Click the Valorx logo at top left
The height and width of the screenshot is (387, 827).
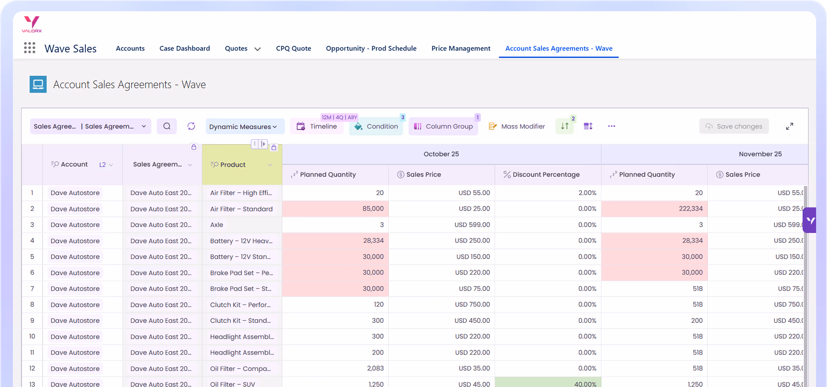tap(32, 24)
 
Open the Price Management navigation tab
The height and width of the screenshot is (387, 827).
tap(461, 48)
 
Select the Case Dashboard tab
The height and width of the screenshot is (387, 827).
tap(185, 48)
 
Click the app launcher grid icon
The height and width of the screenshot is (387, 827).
tap(30, 48)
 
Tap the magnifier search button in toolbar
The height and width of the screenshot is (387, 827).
tap(167, 126)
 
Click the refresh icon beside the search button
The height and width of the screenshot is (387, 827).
tap(191, 126)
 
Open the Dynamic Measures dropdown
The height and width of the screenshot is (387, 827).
tap(243, 127)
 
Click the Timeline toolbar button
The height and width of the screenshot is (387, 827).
tap(317, 126)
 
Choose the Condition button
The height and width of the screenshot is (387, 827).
tap(376, 126)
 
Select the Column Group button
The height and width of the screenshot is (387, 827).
tap(443, 126)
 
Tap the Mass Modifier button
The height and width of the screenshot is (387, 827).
tap(517, 126)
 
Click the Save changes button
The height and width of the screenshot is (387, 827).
tap(734, 126)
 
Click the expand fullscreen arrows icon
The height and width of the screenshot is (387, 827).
tap(790, 126)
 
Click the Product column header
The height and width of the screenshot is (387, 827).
tap(233, 165)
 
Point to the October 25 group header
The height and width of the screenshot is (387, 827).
tap(441, 154)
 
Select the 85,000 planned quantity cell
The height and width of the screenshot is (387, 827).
tap(336, 209)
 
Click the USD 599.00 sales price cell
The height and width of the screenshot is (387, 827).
tap(441, 225)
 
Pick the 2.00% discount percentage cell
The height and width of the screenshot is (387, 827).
tap(548, 193)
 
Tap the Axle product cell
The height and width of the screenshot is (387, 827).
tap(217, 225)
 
